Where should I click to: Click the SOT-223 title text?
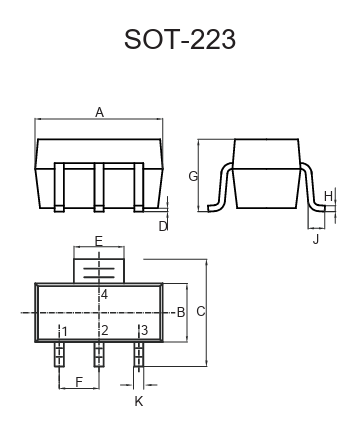click(180, 39)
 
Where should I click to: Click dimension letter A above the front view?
click(99, 112)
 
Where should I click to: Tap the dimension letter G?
click(193, 176)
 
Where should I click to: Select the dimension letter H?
click(328, 196)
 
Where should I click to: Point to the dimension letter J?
click(316, 239)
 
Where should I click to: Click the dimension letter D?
click(163, 227)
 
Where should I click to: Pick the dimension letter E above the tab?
click(99, 241)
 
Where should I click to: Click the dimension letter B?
click(181, 312)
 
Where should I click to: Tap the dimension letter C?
click(201, 311)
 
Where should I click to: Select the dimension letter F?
click(79, 382)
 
